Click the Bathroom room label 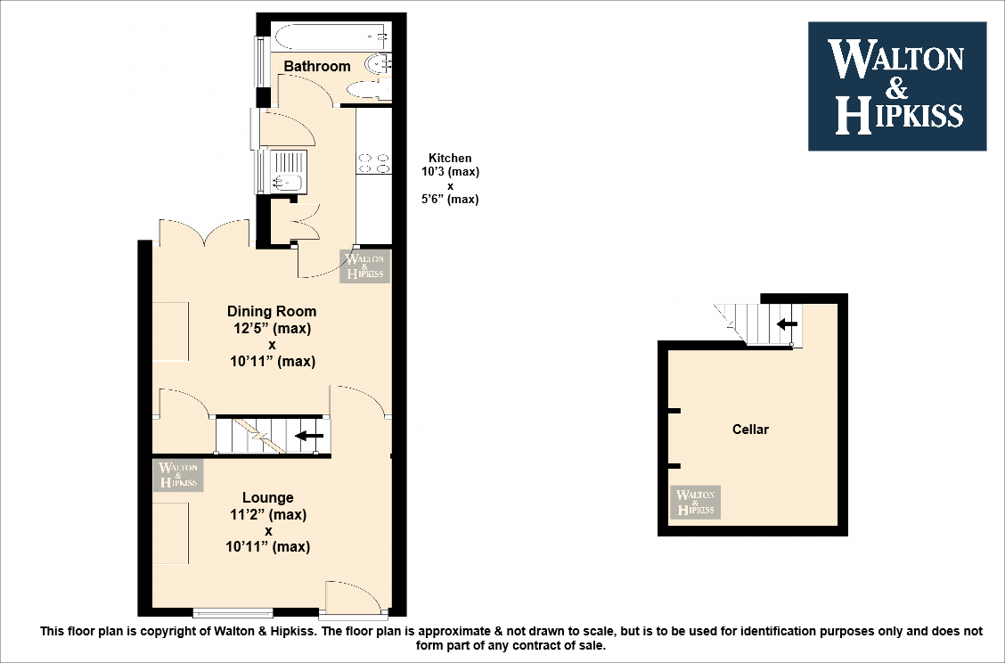[x=317, y=66]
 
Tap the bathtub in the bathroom [x=331, y=37]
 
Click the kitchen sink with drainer [x=286, y=171]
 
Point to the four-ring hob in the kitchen [x=373, y=163]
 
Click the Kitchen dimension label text [x=450, y=178]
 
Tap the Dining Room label [x=272, y=311]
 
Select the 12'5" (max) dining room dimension [x=272, y=328]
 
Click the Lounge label [x=267, y=497]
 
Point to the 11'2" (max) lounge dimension [x=267, y=514]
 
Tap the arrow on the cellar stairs [x=787, y=323]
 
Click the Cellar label [x=750, y=430]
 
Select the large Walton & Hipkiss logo [x=896, y=86]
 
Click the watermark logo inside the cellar [x=695, y=503]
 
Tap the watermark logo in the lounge [x=178, y=474]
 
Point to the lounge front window [x=233, y=613]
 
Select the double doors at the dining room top [x=204, y=233]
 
